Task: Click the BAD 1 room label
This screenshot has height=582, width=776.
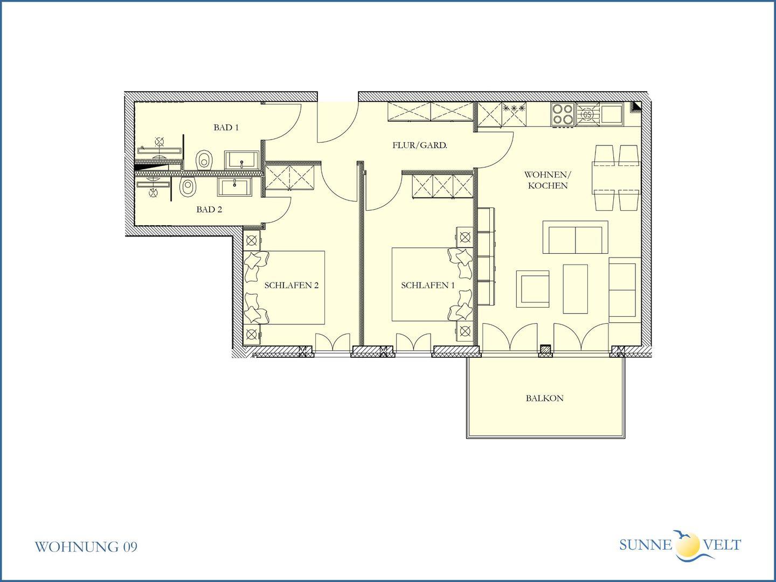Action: (x=226, y=128)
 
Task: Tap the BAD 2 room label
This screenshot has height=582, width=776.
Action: (x=209, y=210)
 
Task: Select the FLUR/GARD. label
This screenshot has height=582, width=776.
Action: (x=420, y=145)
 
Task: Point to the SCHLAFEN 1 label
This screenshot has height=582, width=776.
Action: (x=428, y=285)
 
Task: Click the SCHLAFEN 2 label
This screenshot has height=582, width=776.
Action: (x=292, y=285)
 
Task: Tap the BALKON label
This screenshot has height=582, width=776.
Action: (x=544, y=398)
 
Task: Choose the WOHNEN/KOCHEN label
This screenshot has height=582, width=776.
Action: (x=548, y=180)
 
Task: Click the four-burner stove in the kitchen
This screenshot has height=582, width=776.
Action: (x=563, y=114)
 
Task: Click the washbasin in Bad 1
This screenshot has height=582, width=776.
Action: (x=242, y=161)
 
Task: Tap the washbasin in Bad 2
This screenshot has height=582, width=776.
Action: (x=235, y=186)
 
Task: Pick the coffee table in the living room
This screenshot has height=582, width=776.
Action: (x=575, y=289)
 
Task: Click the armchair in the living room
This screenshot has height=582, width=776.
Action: (x=532, y=289)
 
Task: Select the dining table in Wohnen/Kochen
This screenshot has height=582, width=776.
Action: (x=616, y=178)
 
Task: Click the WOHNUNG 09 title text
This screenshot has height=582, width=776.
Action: (x=86, y=546)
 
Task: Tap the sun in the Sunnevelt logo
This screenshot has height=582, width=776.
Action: (x=688, y=544)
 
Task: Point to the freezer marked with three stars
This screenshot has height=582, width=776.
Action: (x=514, y=114)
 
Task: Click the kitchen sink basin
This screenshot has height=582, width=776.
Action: (x=612, y=113)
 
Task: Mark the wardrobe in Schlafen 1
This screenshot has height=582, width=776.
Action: (x=442, y=186)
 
